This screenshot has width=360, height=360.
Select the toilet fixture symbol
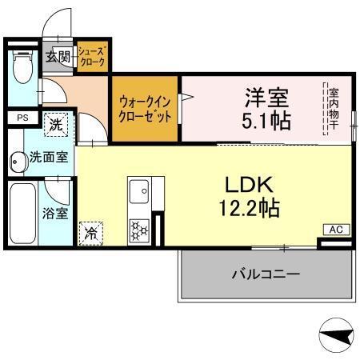(x=23, y=70)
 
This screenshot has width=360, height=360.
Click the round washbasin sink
(x=18, y=161)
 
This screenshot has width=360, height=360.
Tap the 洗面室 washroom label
(x=48, y=158)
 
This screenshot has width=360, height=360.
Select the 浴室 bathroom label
(x=55, y=214)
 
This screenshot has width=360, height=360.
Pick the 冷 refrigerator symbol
(x=92, y=233)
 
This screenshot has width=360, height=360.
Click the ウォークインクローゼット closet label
(x=145, y=109)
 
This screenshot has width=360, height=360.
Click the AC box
(x=336, y=230)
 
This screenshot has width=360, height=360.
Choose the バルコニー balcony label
(x=266, y=274)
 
